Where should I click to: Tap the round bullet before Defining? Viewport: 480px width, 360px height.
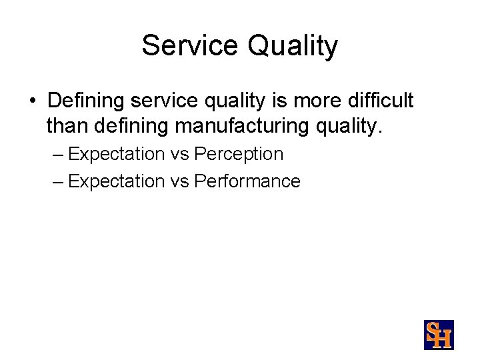32,101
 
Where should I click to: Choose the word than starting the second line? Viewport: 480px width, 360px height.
65,124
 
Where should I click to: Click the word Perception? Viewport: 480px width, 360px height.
239,154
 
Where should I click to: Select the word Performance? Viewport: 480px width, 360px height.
247,181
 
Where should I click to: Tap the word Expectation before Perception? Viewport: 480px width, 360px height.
116,154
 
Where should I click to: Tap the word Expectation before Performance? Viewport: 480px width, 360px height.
116,181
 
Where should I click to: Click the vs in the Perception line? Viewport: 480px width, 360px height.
179,154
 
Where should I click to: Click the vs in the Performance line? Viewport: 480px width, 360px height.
179,181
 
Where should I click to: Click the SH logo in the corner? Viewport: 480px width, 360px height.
439,335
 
